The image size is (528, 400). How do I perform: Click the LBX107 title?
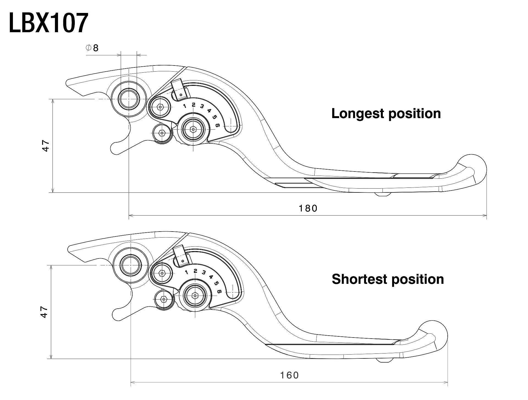coord(49,23)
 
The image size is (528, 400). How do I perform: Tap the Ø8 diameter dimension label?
coord(92,48)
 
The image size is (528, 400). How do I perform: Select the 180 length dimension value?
coord(308,208)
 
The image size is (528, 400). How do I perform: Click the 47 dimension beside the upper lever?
coord(46,146)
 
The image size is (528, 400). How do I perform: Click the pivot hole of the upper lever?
coord(128,99)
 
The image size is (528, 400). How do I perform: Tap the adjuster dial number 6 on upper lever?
coord(218,125)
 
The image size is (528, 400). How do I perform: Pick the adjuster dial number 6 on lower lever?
coord(219,292)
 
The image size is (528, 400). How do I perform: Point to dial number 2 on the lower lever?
coord(195,271)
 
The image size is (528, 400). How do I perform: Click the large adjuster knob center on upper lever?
coord(193,129)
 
